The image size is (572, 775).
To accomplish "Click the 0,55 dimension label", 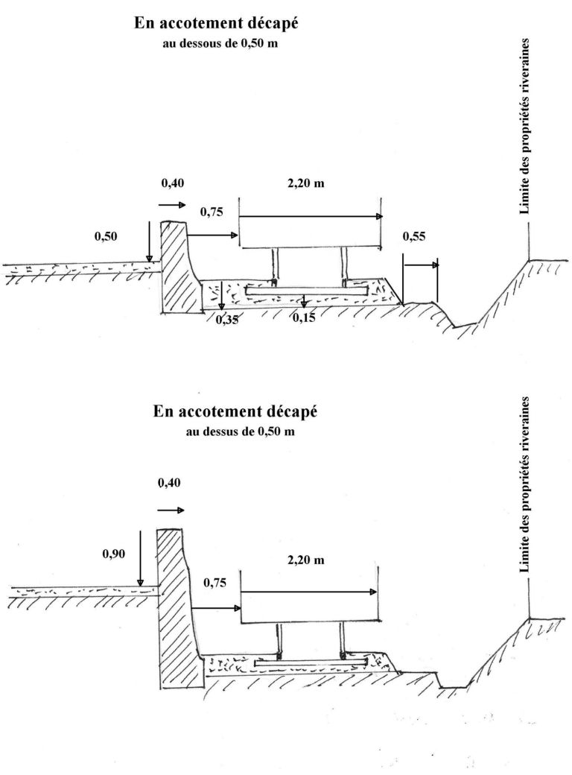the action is (414, 236).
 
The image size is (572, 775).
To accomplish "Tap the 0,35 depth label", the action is (227, 319).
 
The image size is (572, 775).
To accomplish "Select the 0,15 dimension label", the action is (304, 317).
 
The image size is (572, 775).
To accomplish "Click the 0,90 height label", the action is (114, 554).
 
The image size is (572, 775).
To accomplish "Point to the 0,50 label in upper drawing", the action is (106, 236).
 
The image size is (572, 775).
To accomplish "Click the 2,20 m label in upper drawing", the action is (306, 183).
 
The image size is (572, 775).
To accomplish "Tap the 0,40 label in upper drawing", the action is (172, 183).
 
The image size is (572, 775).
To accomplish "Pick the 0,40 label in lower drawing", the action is (169, 483).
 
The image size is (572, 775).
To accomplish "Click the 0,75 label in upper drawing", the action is (212, 212).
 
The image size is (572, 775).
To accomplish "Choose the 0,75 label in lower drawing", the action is (214, 583).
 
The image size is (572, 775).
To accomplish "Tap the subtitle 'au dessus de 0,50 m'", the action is (241, 431).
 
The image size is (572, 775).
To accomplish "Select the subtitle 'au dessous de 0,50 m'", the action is (220, 43).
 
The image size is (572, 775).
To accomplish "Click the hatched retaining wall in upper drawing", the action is (179, 268).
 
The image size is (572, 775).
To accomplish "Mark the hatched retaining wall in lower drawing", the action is (179, 609).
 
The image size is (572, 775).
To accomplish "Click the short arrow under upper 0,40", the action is (172, 204).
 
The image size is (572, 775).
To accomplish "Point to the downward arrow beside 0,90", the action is (140, 558).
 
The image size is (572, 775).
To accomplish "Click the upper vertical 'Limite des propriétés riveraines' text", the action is (524, 126).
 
